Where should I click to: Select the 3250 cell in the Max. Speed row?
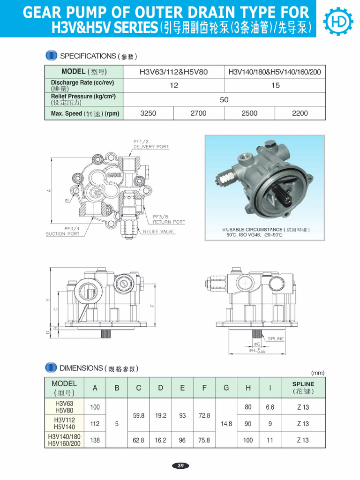[x=148, y=113]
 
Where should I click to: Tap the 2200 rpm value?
[x=300, y=113]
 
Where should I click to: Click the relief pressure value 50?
[x=224, y=100]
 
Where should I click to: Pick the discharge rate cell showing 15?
[x=275, y=85]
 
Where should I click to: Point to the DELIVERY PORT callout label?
[x=151, y=147]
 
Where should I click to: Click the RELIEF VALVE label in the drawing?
[x=158, y=232]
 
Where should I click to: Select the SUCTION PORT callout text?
[x=62, y=234]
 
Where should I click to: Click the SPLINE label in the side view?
[x=276, y=338]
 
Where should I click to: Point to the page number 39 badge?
[x=180, y=465]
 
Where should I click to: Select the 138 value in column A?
[x=95, y=440]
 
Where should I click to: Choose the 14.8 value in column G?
[x=226, y=423]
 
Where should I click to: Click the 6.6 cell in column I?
[x=270, y=407]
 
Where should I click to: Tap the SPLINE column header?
[x=303, y=388]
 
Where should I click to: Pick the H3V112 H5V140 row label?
[x=64, y=423]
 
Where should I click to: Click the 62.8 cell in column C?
[x=139, y=440]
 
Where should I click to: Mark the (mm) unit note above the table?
[x=317, y=373]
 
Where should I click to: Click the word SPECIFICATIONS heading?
[x=88, y=56]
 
